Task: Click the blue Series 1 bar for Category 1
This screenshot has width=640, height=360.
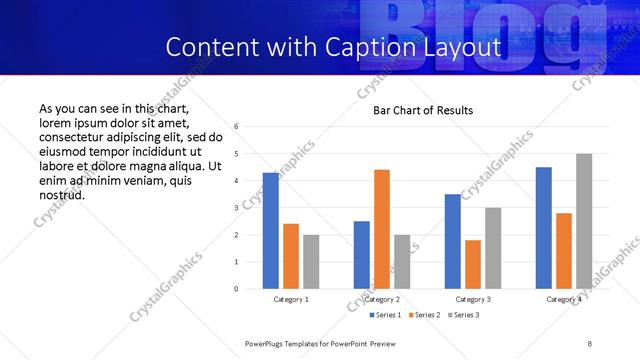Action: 271,231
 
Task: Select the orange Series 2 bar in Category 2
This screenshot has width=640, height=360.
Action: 382,229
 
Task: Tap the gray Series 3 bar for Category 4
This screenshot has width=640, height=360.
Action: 584,221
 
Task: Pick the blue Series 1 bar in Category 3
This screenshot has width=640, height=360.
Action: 453,241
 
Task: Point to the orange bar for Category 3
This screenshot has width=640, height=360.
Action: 473,264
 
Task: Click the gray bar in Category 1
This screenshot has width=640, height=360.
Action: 311,262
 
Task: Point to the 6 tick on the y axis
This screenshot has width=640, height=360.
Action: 236,127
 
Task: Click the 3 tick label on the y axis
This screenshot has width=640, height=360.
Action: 236,208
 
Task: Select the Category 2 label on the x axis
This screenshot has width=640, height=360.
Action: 382,299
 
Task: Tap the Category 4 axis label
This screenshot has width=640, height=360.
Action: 564,299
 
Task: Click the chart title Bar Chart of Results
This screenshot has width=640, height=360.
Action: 423,110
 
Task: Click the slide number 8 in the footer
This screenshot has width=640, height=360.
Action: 589,343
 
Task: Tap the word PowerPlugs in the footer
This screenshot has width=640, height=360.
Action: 268,343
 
